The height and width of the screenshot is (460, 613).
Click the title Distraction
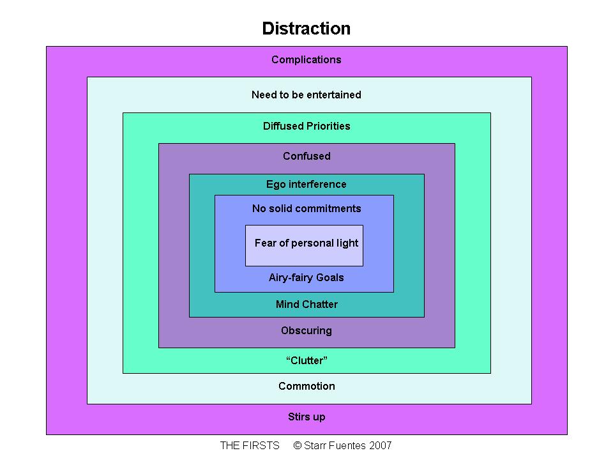click(306, 29)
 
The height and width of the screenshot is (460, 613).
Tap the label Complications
click(306, 59)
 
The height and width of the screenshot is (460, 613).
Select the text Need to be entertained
click(306, 95)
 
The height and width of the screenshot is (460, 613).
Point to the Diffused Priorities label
click(306, 126)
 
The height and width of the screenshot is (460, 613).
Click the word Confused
click(306, 156)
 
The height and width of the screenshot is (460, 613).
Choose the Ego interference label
click(306, 184)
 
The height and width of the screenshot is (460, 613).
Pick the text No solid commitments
click(306, 208)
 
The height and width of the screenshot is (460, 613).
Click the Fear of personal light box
click(304, 245)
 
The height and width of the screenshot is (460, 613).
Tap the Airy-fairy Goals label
click(306, 278)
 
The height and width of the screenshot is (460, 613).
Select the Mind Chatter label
click(306, 304)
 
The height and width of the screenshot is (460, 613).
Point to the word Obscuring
click(306, 331)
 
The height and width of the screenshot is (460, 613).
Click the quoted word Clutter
click(306, 360)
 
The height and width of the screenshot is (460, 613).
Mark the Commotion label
click(306, 386)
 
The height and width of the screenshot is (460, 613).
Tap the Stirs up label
click(306, 417)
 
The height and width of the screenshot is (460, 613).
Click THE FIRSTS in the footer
click(250, 445)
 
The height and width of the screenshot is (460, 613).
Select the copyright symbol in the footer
click(298, 445)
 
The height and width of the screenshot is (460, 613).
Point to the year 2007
click(380, 445)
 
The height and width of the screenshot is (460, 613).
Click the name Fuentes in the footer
click(347, 445)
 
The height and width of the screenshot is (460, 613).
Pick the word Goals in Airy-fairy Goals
click(330, 277)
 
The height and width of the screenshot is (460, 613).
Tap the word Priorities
click(328, 126)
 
